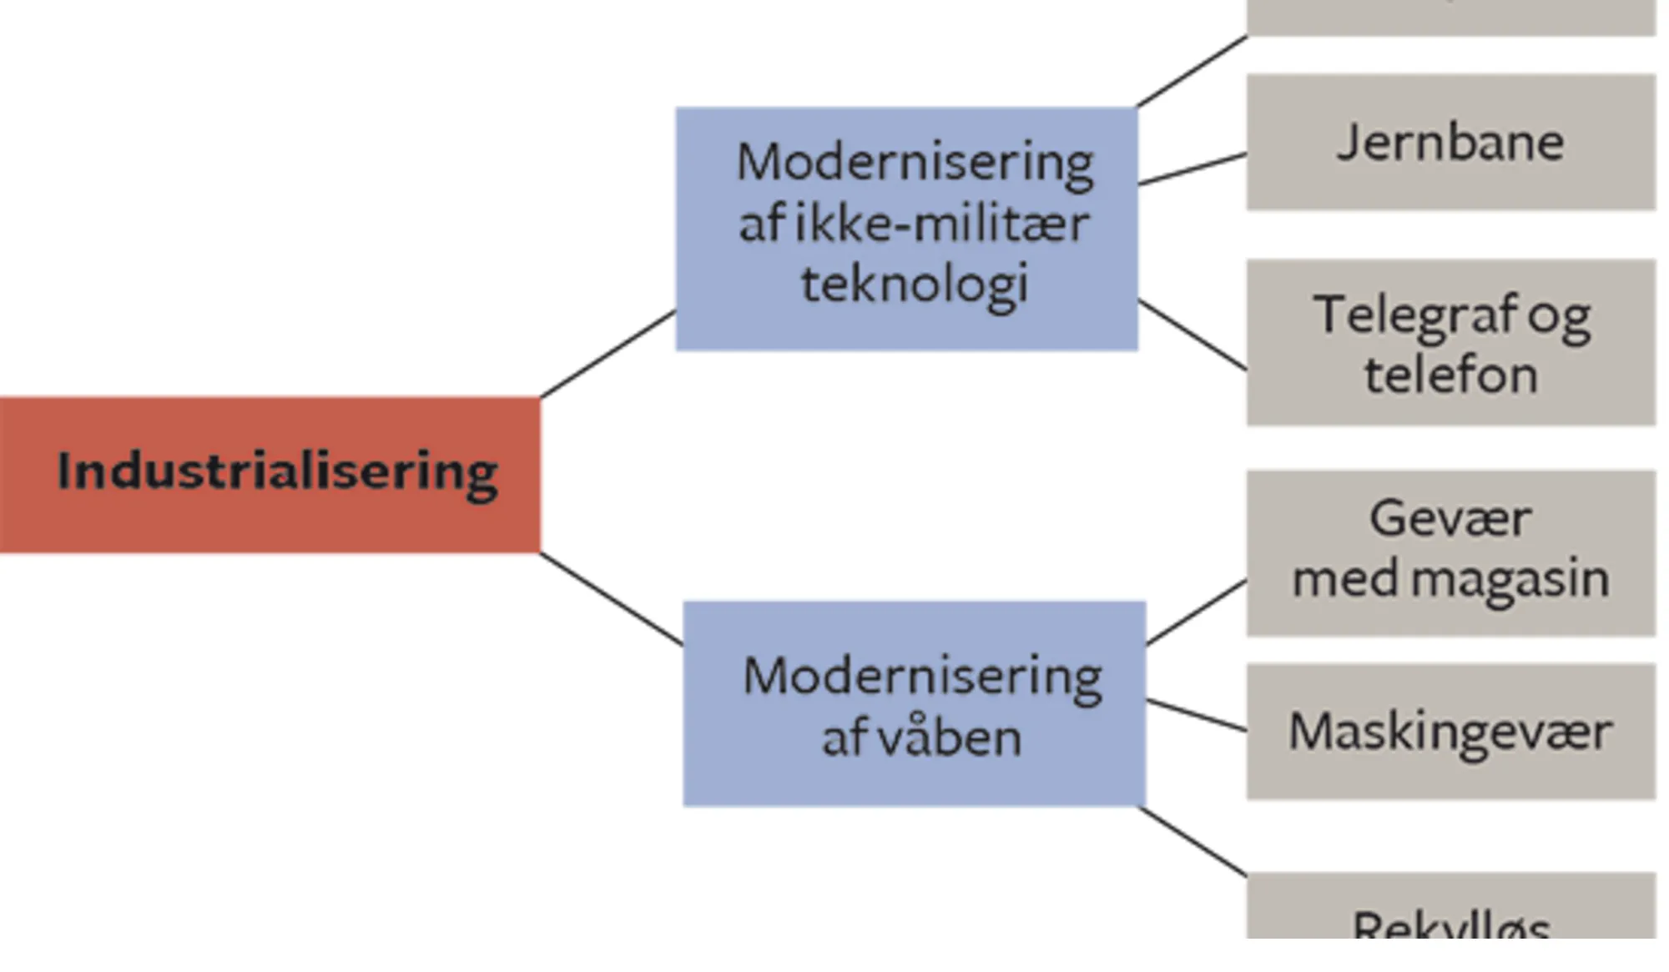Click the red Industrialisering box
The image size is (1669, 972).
[270, 474]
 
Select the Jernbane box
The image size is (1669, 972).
[1450, 142]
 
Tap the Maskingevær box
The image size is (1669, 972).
[1450, 732]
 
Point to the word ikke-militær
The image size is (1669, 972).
[941, 224]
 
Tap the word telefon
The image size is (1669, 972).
[1450, 375]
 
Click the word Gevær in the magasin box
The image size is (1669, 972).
[1450, 518]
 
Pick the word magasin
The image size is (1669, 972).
[1510, 578]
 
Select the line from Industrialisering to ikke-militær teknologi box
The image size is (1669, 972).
[608, 354]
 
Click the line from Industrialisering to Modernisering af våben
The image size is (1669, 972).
[611, 598]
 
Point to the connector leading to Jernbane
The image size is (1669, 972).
[1192, 169]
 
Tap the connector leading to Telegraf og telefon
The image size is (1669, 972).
[1192, 334]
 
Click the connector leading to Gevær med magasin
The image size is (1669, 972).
[1197, 612]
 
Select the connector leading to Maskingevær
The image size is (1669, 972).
[1197, 716]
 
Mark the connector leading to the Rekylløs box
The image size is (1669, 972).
[1193, 842]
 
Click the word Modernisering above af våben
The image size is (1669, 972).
[922, 676]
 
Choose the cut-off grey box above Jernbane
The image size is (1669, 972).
[1450, 17]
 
